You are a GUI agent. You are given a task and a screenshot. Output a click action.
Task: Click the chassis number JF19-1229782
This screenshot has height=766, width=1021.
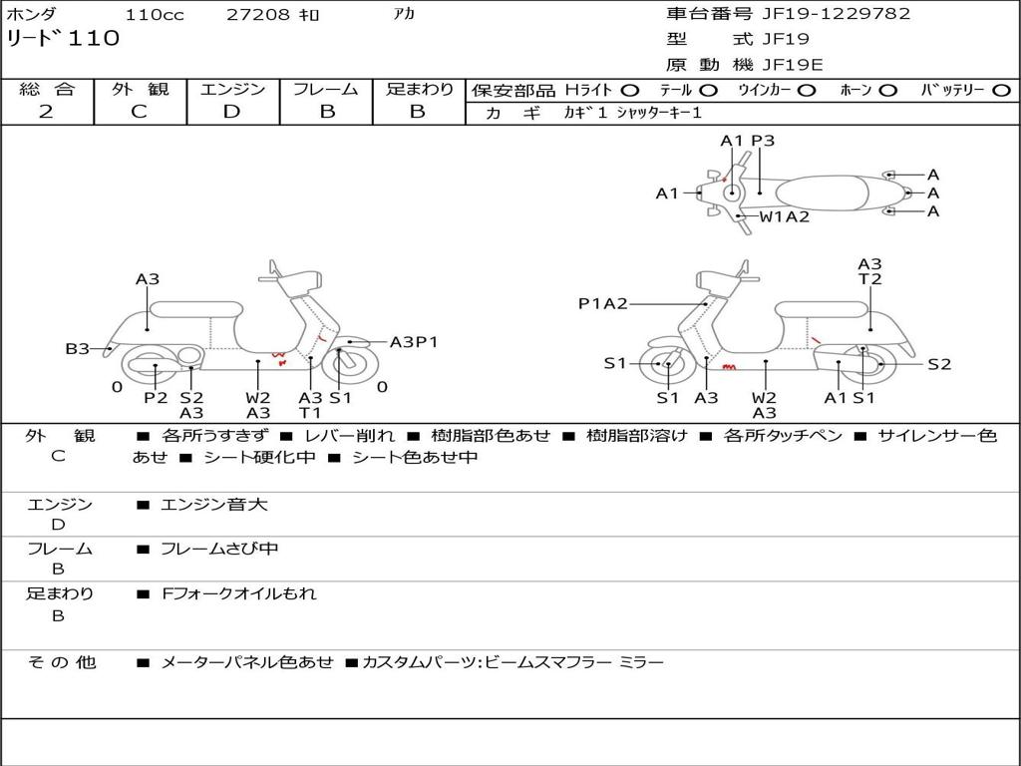pos(837,14)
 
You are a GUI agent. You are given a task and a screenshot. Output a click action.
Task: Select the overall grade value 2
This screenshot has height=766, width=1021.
pos(46,112)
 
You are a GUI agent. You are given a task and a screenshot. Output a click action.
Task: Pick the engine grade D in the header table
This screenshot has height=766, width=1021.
pos(231,112)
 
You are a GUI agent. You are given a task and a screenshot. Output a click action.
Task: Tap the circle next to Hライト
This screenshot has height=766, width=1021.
pos(630,91)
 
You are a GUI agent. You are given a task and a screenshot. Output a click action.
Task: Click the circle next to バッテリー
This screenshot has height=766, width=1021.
pos(1001,91)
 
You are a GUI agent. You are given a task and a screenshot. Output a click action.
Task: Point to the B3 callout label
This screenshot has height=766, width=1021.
pos(77,349)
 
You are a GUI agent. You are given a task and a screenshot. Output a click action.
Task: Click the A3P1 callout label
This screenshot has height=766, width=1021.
pos(414,342)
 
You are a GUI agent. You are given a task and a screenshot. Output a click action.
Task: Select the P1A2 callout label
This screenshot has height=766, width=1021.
pos(603,303)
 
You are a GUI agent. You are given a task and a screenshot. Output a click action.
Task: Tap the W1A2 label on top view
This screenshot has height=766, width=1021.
pos(785,216)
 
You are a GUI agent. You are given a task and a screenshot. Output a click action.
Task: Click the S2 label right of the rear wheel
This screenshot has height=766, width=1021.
pos(939,364)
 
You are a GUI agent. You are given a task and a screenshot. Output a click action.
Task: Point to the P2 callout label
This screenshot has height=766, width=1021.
pos(156,397)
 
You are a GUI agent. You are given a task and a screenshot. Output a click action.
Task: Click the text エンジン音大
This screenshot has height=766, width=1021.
pos(213,504)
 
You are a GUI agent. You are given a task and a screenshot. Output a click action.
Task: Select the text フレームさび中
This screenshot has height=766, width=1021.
pos(219,550)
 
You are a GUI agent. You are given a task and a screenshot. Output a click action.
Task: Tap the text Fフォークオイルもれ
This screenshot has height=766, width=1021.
pos(239,593)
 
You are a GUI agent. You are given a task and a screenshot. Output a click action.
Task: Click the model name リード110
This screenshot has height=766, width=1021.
pos(63,39)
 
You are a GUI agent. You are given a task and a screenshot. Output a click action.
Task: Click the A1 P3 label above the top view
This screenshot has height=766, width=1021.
pos(748,141)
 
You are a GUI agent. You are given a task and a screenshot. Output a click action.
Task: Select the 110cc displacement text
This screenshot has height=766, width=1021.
pos(155,15)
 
